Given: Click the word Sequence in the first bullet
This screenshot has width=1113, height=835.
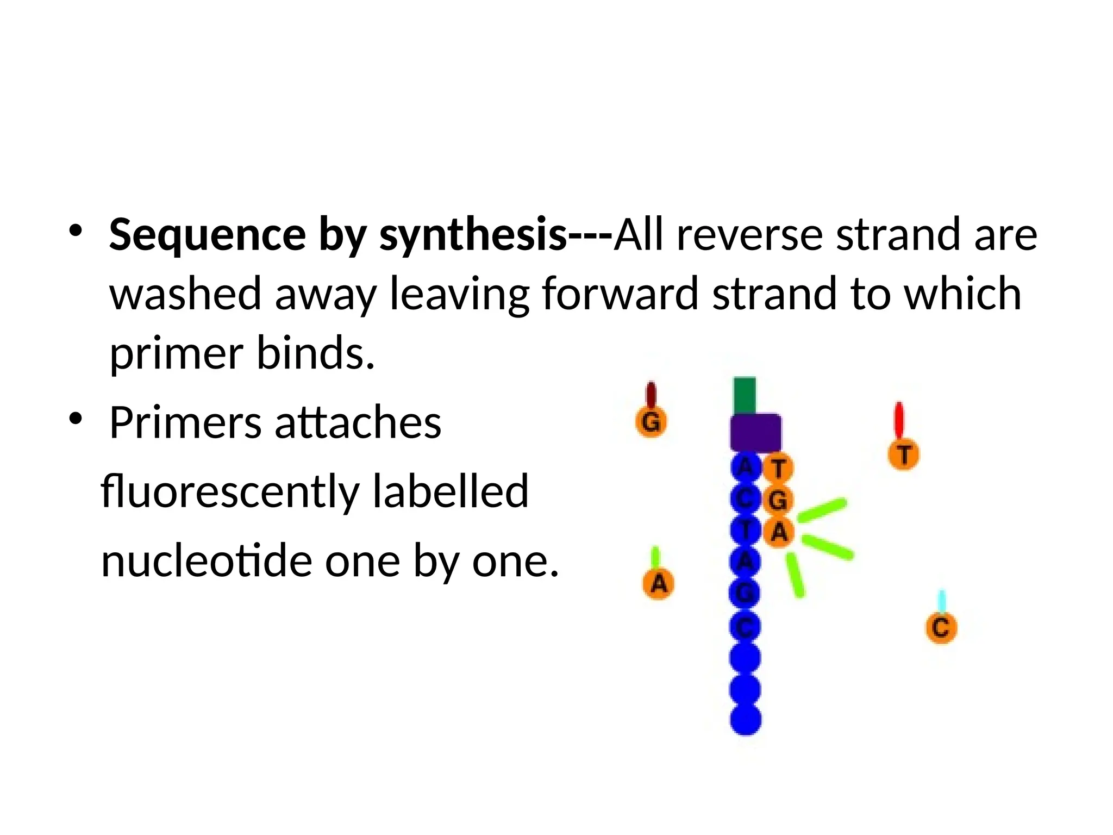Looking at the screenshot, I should [x=208, y=235].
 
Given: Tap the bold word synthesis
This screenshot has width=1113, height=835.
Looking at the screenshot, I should [x=473, y=235].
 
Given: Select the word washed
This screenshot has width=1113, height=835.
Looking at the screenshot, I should [x=185, y=294].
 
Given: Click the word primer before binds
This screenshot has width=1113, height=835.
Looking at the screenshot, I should [x=176, y=353].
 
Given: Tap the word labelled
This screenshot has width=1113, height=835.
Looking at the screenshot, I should [x=451, y=491].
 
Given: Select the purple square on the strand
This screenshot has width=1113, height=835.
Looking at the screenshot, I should [x=755, y=432].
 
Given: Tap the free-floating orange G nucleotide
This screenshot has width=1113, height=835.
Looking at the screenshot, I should [x=651, y=421].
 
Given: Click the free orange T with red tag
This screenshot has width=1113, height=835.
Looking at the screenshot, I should [x=903, y=454].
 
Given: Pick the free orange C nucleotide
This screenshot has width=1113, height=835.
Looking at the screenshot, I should [x=941, y=628].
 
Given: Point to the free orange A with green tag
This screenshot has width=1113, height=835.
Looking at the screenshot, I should [x=658, y=583].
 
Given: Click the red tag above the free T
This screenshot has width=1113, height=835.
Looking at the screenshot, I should [x=899, y=420].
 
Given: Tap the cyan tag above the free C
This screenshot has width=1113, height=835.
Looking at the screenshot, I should [x=942, y=601].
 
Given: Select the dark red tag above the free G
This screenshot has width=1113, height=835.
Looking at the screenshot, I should [x=651, y=394].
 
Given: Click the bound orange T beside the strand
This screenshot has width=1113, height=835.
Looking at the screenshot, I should [x=778, y=468].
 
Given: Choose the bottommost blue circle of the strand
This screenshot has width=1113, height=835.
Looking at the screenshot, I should [x=746, y=719].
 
